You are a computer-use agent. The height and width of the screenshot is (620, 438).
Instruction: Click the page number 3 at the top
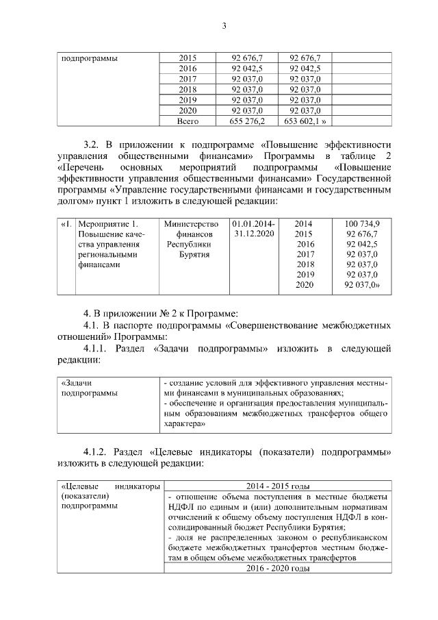pos(223,27)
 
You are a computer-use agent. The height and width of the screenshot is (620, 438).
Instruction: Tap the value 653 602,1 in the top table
pos(305,121)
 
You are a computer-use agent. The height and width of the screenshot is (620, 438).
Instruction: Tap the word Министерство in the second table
pos(191,223)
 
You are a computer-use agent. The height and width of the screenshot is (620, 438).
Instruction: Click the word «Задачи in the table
pos(76,383)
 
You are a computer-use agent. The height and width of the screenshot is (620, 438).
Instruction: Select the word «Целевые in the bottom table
pos(81,486)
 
